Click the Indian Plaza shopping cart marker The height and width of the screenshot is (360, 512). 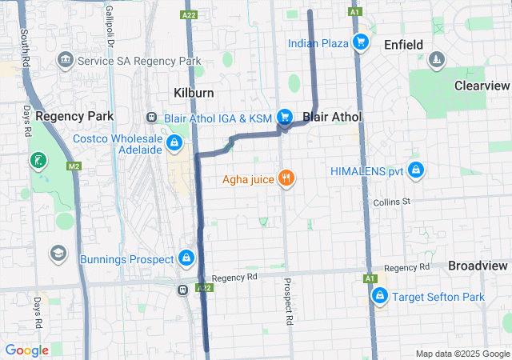361,42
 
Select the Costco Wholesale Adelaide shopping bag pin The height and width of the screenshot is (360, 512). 174,143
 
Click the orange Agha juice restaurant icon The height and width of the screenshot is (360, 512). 286,178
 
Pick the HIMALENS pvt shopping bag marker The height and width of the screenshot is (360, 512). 415,170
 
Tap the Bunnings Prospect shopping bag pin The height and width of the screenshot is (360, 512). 186,258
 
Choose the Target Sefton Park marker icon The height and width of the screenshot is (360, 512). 381,296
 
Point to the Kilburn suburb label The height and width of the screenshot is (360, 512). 194,93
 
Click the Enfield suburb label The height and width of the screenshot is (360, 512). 403,45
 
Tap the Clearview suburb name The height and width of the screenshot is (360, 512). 482,86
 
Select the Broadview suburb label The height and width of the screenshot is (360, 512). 478,266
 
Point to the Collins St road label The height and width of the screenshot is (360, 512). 391,202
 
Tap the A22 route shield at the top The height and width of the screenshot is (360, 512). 190,15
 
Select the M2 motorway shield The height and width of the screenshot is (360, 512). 74,166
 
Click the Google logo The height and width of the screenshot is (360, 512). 26,350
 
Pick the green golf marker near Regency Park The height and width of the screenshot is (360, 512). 38,161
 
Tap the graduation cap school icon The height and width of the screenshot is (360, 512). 58,254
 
